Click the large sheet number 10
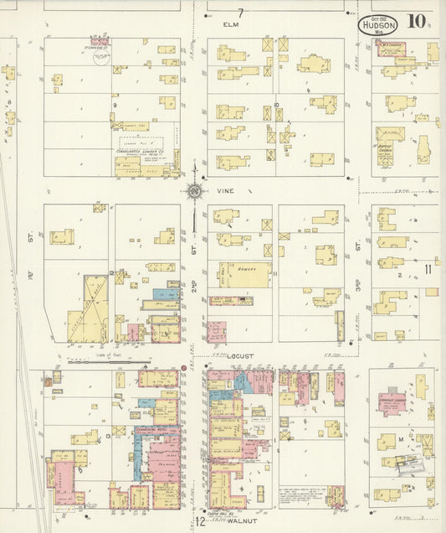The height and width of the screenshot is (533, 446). click(415, 23)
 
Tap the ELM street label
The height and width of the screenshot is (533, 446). click(232, 25)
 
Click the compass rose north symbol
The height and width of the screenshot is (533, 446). click(193, 191)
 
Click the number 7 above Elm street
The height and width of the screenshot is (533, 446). click(241, 13)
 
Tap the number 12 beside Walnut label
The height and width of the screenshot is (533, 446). click(201, 522)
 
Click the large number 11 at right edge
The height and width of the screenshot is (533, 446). click(428, 269)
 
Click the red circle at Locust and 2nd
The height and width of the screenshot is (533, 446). click(183, 368)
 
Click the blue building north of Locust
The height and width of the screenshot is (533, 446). click(161, 296)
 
